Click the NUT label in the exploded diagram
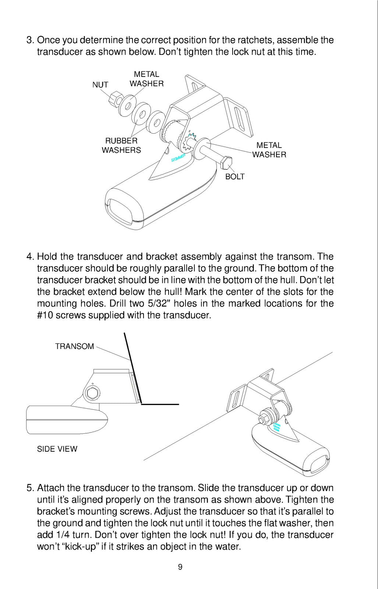pyautogui.click(x=100, y=85)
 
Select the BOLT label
pyautogui.click(x=235, y=176)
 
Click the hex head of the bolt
pyautogui.click(x=227, y=163)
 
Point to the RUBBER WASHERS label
pyautogui.click(x=121, y=145)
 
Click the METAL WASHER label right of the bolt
pyautogui.click(x=269, y=150)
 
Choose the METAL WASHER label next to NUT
pyautogui.click(x=146, y=79)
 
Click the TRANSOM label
pyautogui.click(x=74, y=346)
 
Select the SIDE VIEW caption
pyautogui.click(x=57, y=449)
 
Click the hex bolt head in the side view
pyautogui.click(x=92, y=394)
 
